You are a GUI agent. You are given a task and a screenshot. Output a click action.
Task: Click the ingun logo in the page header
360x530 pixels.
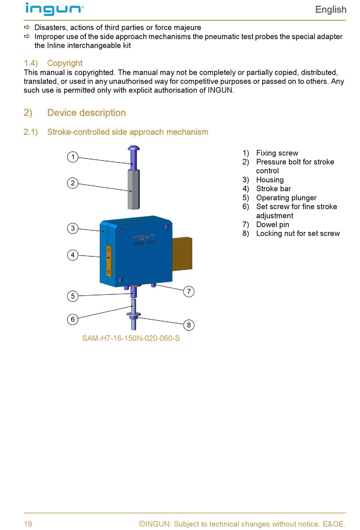[x=55, y=9]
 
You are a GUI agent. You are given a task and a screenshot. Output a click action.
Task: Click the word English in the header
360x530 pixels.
[x=330, y=10]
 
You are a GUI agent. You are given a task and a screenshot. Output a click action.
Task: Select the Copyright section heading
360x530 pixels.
[x=53, y=63]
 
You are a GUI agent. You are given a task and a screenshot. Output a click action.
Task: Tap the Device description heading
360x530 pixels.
[x=75, y=113]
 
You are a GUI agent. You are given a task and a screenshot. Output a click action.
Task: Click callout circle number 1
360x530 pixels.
[x=73, y=157]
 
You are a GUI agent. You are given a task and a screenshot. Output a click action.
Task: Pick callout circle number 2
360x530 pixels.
[x=73, y=183]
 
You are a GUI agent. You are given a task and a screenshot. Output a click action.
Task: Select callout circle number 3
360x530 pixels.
[x=73, y=228]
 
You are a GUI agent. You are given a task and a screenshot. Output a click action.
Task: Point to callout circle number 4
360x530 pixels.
[x=73, y=255]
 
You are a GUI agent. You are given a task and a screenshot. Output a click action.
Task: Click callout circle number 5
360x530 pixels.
[x=73, y=296]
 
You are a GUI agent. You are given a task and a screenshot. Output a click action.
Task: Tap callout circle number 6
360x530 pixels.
[x=73, y=319]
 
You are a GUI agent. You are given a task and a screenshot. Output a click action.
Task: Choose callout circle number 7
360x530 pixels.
[x=189, y=291]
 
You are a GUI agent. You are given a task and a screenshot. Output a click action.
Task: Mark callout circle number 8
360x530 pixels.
[x=189, y=325]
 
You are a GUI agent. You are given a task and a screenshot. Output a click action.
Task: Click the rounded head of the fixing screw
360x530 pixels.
[x=134, y=148]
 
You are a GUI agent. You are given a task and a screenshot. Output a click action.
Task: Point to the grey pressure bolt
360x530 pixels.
[x=134, y=189]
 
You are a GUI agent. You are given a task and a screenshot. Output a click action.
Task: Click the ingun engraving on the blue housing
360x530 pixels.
[x=144, y=237]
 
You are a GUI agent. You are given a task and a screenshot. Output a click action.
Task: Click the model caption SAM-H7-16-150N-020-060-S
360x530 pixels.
[x=131, y=338]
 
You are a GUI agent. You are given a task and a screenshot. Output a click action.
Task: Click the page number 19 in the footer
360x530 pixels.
[x=28, y=524]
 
